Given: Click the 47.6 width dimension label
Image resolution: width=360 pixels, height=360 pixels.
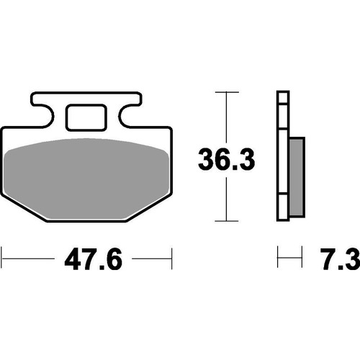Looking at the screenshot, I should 86,258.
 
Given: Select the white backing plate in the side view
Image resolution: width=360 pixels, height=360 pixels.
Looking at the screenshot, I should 283,158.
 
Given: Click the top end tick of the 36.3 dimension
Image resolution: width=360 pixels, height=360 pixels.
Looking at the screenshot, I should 228,93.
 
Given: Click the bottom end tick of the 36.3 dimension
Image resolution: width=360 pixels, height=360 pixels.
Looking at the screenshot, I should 228,221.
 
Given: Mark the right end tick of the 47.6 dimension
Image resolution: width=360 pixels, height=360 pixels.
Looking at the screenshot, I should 171,257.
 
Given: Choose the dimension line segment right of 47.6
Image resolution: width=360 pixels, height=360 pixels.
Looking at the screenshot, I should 144,257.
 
